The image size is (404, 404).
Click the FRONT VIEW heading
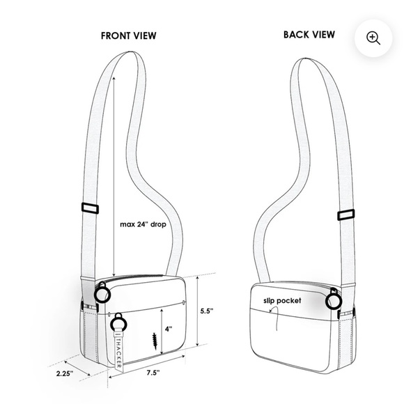[x=128, y=36]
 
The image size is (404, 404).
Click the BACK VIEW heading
[x=309, y=35]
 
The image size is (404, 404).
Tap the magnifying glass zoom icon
[x=373, y=38]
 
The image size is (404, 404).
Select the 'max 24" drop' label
[x=143, y=224]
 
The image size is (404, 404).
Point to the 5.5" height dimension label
[x=207, y=311]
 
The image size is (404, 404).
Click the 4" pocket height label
[x=169, y=329]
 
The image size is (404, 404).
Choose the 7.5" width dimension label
[x=153, y=373]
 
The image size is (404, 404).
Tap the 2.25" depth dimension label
[x=65, y=373]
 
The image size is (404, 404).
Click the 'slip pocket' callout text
[x=282, y=301]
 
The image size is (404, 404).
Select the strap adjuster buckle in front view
[x=90, y=208]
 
